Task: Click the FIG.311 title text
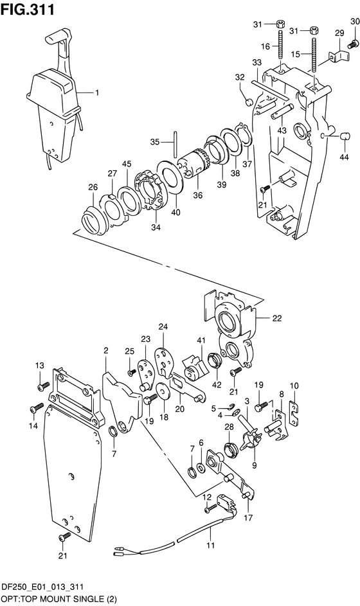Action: [x=28, y=9]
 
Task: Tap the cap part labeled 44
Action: [x=345, y=136]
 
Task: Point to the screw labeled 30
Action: [x=352, y=45]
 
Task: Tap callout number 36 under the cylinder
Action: [x=197, y=195]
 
